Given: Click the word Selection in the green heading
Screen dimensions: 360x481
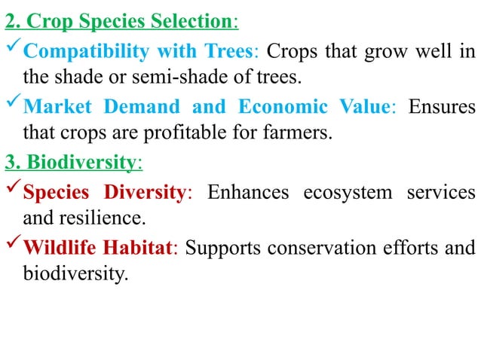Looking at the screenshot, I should [193, 20].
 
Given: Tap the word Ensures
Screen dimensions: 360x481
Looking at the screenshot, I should [442, 106].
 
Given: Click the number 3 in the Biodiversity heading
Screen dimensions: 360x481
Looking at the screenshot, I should [9, 162].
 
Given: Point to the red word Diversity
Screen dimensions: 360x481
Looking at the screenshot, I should [143, 193].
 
